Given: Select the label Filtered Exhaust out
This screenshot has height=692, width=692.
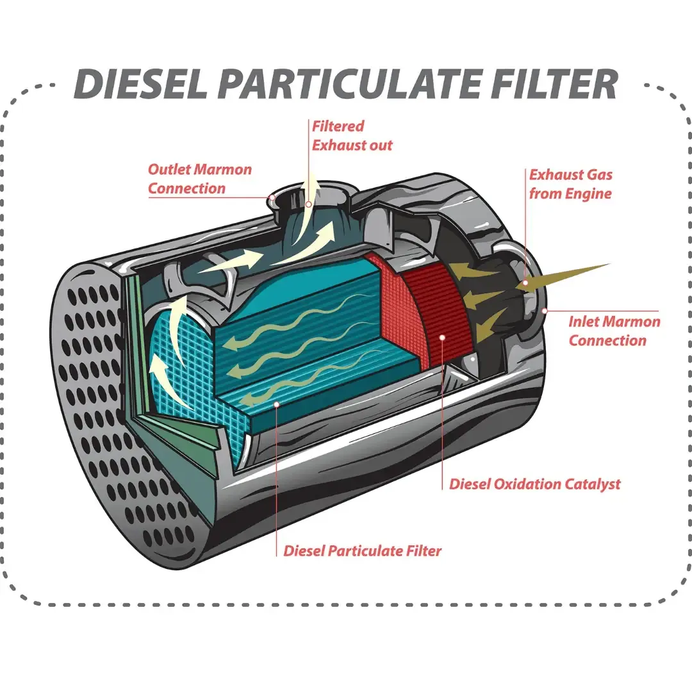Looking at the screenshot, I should (351, 135).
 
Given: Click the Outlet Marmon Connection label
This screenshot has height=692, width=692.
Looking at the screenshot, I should (199, 179).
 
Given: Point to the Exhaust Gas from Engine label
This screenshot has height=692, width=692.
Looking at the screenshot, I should (570, 184).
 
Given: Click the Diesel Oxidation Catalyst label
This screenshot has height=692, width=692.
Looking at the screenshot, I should (534, 484).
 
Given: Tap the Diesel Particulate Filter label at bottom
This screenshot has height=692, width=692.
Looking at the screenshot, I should (362, 550).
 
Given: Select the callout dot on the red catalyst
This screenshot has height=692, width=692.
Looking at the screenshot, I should (442, 336).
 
